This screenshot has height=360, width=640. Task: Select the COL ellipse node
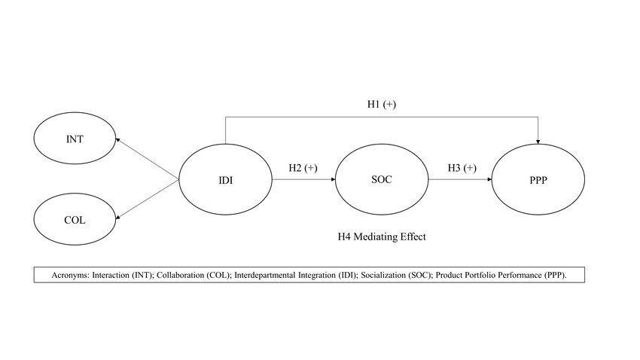(x=75, y=221)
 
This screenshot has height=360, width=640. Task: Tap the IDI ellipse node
(x=225, y=181)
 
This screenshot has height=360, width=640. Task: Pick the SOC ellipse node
(x=382, y=181)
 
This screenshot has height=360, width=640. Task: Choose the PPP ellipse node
(x=538, y=181)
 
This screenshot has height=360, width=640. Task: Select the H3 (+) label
(x=461, y=168)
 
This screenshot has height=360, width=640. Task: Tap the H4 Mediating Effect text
(x=382, y=236)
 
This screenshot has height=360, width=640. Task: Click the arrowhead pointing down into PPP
(x=538, y=140)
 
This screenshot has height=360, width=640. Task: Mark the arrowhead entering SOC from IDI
(x=331, y=181)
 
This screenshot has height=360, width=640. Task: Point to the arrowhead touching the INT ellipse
(x=117, y=140)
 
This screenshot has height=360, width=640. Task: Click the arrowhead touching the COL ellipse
(x=117, y=218)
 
